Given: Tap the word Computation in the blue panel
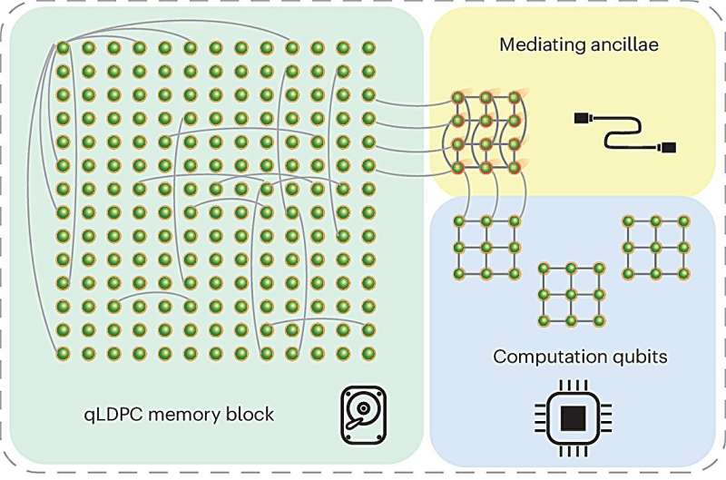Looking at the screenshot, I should pyautogui.click(x=548, y=357).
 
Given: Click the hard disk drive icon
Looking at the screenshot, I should pyautogui.click(x=363, y=415).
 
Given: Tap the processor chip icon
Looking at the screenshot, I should pyautogui.click(x=572, y=418).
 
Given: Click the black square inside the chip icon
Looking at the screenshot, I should pyautogui.click(x=572, y=418).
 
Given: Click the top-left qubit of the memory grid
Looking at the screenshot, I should pyautogui.click(x=64, y=47).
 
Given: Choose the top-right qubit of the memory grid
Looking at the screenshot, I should pyautogui.click(x=368, y=47).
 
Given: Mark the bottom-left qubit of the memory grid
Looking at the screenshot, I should pyautogui.click(x=64, y=352).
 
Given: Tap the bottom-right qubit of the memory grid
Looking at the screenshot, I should pyautogui.click(x=368, y=352).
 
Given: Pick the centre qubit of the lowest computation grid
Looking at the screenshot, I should pyautogui.click(x=571, y=295).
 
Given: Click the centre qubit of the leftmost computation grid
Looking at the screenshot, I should pyautogui.click(x=487, y=247).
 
